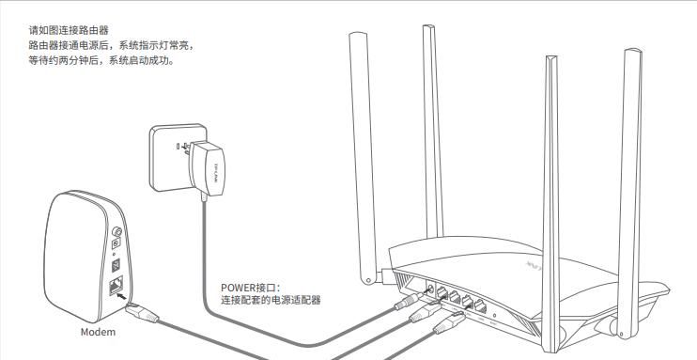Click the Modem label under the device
pos(98,333)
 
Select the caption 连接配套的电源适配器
pos(271,301)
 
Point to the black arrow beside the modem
pos(122,296)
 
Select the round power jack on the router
pos(430,286)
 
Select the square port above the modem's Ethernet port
pos(116,258)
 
